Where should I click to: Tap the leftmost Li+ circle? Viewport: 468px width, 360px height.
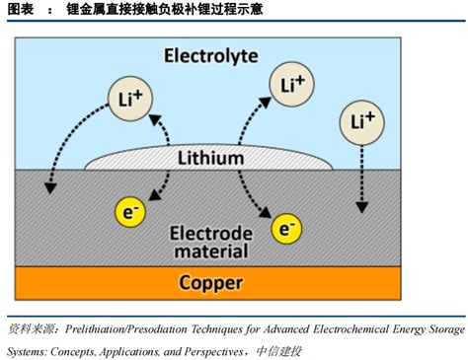click(126, 100)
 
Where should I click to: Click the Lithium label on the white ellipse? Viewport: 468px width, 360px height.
click(210, 158)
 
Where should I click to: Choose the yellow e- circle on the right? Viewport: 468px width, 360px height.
click(287, 231)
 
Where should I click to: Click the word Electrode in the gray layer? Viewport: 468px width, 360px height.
click(210, 234)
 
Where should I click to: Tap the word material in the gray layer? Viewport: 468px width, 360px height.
click(210, 252)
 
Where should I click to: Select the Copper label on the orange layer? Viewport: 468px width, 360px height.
click(210, 284)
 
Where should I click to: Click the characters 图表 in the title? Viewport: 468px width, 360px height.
click(19, 9)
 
